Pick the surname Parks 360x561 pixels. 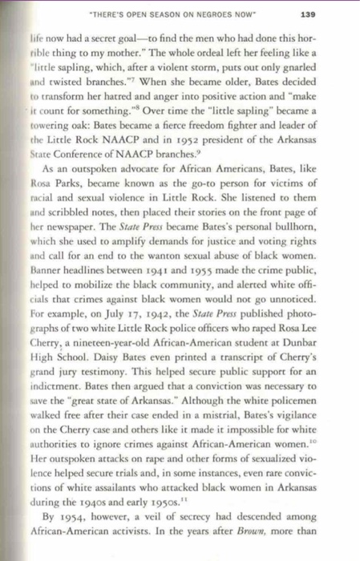pyautogui.click(x=67, y=215)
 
